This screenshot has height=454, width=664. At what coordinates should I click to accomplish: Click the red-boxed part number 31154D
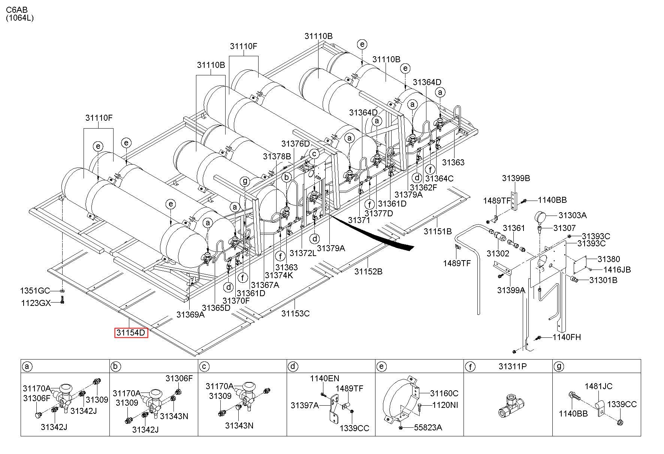131,333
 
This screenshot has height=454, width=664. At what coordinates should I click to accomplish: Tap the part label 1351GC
35,291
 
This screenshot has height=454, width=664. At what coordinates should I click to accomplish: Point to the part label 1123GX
36,303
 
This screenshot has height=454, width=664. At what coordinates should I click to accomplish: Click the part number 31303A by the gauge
573,215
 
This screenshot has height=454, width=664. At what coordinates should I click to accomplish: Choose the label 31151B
438,231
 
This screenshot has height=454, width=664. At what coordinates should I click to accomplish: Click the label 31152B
368,271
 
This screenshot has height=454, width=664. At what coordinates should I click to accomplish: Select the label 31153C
296,313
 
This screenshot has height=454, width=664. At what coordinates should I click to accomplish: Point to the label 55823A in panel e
428,427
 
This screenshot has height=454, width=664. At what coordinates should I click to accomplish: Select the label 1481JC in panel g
599,386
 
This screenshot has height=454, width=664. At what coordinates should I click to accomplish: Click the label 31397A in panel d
305,405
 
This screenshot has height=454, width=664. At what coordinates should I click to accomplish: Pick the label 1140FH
567,337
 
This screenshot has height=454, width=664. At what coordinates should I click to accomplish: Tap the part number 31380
609,259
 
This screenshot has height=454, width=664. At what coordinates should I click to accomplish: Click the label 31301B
603,280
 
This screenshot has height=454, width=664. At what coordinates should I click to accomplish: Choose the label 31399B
516,178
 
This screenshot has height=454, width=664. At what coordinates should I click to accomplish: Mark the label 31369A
191,314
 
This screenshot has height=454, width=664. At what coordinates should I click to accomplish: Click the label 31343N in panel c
239,426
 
